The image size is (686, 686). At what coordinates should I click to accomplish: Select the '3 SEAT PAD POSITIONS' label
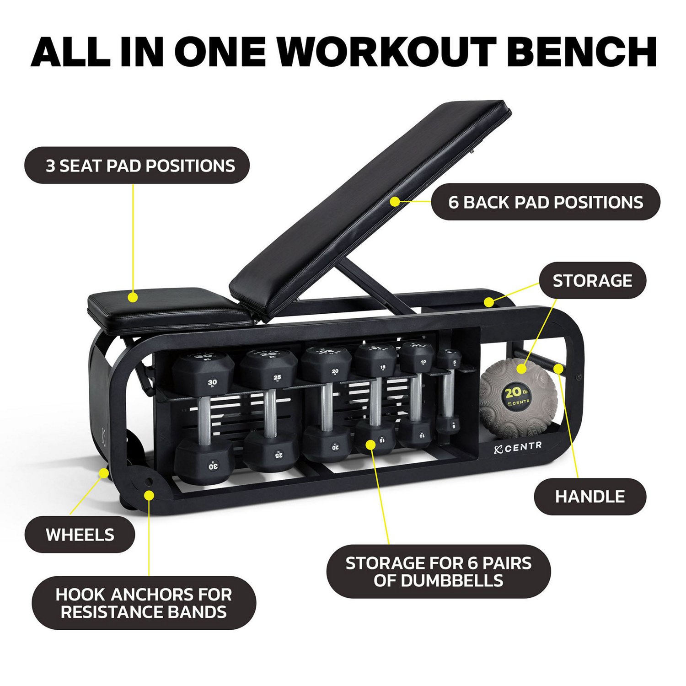pos(137,166)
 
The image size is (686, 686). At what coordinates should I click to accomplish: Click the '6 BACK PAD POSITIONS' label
pos(546,202)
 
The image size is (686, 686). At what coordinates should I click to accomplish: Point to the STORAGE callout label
pos(592,280)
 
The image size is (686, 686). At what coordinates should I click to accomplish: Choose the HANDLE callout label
pos(590,497)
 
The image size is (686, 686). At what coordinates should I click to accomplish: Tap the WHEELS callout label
pos(80,535)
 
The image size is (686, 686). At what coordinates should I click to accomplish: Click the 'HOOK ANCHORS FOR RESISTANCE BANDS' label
pos(144,603)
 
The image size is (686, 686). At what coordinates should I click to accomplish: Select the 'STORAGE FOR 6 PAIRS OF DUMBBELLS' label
pos(438,571)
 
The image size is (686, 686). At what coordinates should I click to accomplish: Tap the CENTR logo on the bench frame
pos(518,447)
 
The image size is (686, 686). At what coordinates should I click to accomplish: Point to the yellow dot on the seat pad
pos(133,297)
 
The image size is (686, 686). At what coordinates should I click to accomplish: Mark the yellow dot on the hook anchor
pos(149,494)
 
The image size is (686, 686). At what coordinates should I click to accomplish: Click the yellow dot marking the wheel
pos(105,473)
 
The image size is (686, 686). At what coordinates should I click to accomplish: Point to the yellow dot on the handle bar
pos(558,369)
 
